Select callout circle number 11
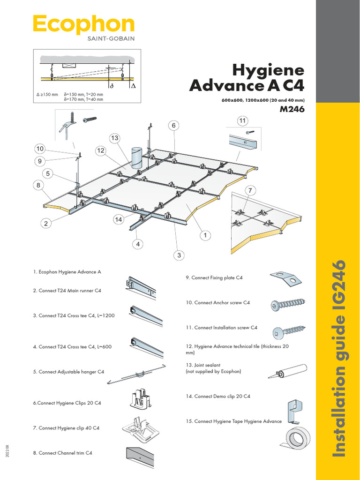(242, 121)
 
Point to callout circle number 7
(251, 190)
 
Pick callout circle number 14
(119, 219)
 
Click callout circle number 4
(138, 244)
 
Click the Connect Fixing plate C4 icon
(285, 278)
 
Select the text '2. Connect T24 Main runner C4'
(67, 291)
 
